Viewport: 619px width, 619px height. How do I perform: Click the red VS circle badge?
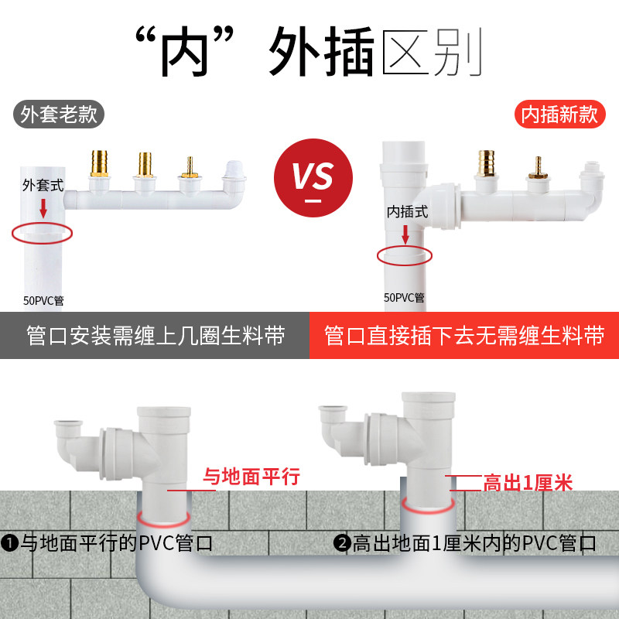click(313, 178)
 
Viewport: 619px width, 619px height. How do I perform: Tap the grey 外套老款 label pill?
click(59, 114)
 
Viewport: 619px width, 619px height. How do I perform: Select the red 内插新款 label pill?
click(559, 114)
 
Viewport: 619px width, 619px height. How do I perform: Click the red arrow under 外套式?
click(43, 208)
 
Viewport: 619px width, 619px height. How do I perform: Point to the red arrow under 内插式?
click(405, 234)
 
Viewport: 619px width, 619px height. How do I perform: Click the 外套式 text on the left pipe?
click(43, 185)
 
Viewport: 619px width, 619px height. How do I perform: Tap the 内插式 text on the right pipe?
click(408, 212)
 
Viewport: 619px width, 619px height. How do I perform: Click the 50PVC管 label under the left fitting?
click(43, 301)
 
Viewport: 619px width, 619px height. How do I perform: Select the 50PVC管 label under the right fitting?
click(404, 298)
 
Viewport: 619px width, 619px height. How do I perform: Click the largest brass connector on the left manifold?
click(99, 163)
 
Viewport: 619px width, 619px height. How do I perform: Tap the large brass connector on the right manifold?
click(487, 163)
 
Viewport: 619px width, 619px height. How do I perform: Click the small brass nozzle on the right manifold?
click(538, 168)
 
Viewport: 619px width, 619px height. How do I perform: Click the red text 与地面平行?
click(251, 476)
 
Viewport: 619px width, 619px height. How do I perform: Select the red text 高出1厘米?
click(528, 483)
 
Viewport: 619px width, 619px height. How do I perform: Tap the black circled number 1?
click(9, 543)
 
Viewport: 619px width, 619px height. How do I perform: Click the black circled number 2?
click(342, 543)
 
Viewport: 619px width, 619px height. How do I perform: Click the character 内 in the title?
click(185, 51)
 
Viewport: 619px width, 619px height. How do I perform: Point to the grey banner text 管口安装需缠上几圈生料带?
click(156, 336)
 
